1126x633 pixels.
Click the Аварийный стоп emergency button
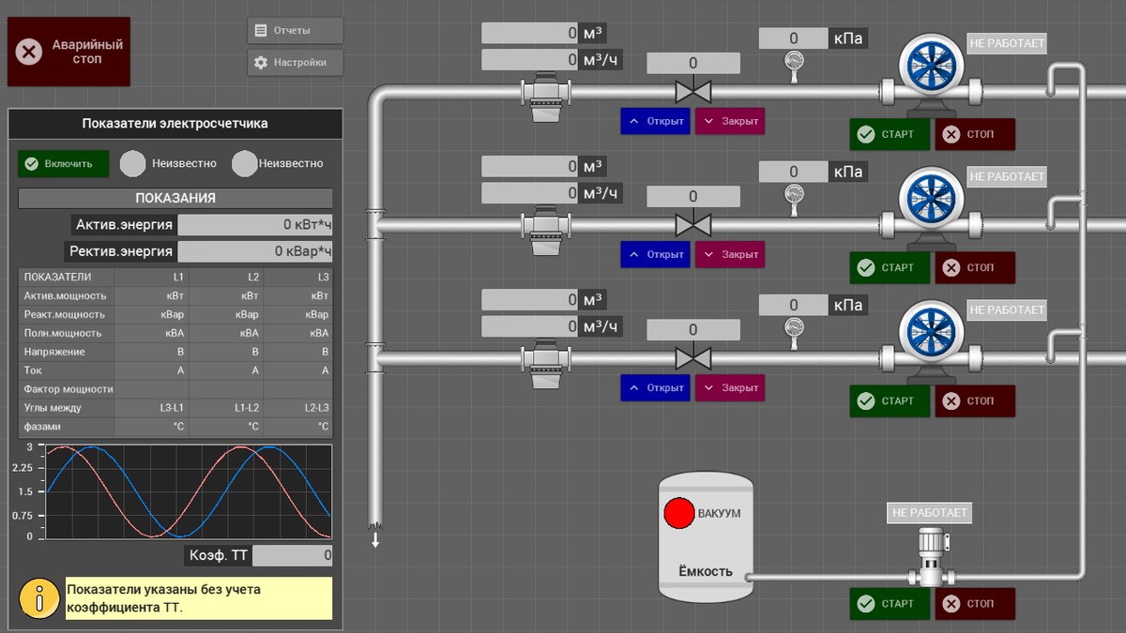pos(68,52)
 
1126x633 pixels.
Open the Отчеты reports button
pos(295,31)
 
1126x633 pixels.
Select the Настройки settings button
pos(295,62)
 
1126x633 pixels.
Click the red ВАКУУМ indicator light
pos(678,514)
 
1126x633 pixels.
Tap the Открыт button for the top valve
pos(655,121)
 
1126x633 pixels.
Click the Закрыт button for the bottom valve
pos(730,388)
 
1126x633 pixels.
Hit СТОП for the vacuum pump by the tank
pos(975,603)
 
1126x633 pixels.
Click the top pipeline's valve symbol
pos(693,90)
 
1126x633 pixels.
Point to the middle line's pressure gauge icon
pos(794,200)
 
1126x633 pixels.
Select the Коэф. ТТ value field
pos(292,555)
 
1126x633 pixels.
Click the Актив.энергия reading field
pos(255,224)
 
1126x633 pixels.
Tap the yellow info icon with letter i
pos(39,598)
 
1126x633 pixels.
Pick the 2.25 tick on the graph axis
pos(23,468)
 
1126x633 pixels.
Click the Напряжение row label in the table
pos(54,352)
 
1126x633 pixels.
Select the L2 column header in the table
pos(252,277)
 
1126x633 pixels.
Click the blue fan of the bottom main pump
pos(931,332)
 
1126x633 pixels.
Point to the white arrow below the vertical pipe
pos(375,539)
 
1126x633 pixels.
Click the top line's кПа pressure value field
pos(793,38)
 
